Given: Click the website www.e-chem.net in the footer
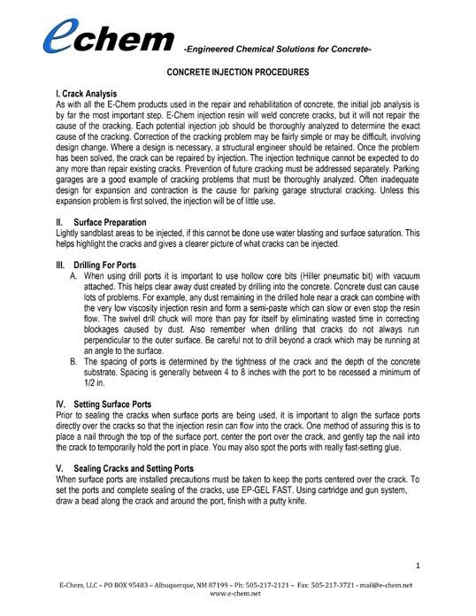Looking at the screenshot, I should [237, 595].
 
